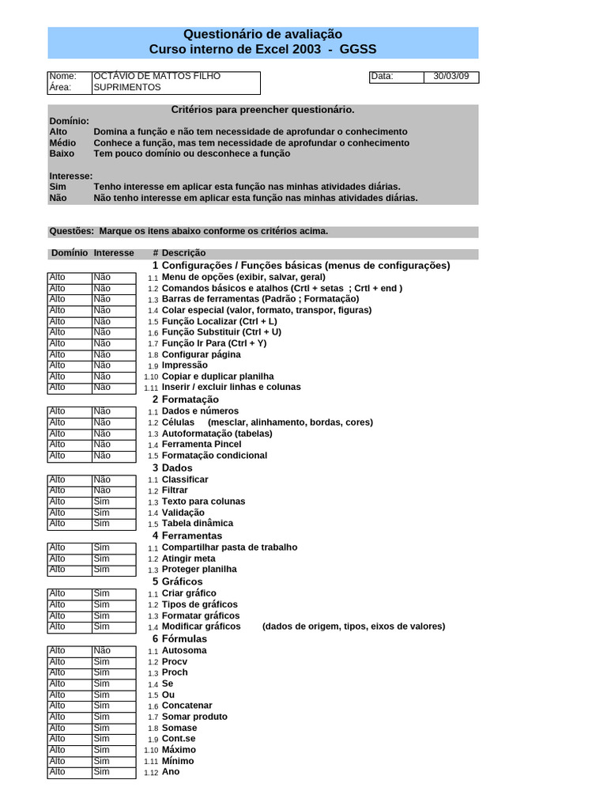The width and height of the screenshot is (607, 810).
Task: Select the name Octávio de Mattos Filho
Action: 157,76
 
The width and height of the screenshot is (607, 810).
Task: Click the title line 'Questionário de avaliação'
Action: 262,34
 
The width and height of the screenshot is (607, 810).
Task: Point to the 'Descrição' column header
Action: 184,253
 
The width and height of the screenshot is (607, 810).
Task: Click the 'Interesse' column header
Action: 114,253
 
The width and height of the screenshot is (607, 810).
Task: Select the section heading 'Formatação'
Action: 190,399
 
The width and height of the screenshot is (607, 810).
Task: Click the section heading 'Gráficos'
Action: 183,581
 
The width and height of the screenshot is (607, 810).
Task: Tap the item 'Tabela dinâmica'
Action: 198,523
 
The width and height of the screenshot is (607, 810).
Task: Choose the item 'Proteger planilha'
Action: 199,569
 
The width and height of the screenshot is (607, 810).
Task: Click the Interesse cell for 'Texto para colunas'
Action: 113,502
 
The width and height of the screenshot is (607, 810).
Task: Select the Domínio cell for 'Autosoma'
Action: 69,650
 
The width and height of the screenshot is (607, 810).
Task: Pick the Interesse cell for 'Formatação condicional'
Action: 113,456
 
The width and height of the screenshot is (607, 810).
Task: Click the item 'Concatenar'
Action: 187,706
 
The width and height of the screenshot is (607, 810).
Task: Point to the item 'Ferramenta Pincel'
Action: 202,445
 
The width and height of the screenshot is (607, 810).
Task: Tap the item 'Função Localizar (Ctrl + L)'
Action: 220,322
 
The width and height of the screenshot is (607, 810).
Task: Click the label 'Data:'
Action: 382,77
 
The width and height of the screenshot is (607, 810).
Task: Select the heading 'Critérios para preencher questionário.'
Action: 262,110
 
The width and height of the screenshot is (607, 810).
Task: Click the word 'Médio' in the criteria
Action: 63,143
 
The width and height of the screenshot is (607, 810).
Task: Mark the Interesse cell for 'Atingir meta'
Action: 113,558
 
